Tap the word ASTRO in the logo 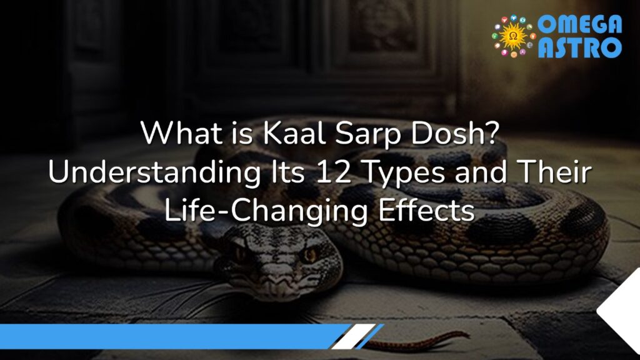(580, 47)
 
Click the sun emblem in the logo (513, 36)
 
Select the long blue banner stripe (169, 336)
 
